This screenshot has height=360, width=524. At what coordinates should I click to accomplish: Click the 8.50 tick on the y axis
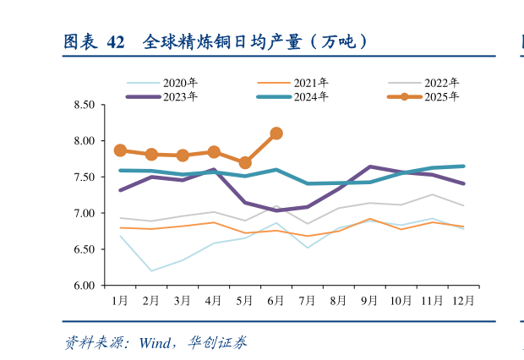pyautogui.click(x=85, y=105)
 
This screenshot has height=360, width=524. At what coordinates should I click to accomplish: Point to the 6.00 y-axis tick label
pyautogui.click(x=85, y=286)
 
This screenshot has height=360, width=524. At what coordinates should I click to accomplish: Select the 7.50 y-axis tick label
pyautogui.click(x=85, y=177)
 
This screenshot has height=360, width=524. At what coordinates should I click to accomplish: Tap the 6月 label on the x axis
pyautogui.click(x=276, y=300)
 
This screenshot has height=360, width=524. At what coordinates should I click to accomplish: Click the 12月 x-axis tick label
pyautogui.click(x=462, y=300)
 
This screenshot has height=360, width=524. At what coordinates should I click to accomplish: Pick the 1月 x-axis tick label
pyautogui.click(x=120, y=300)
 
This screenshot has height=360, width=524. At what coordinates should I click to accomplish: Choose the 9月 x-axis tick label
pyautogui.click(x=368, y=300)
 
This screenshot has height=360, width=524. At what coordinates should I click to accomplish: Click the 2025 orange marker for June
pyautogui.click(x=276, y=134)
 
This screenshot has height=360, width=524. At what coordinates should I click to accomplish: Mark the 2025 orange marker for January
pyautogui.click(x=120, y=150)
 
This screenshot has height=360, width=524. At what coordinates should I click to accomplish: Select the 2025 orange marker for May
pyautogui.click(x=245, y=163)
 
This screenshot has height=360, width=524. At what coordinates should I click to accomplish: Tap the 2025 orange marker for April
pyautogui.click(x=214, y=152)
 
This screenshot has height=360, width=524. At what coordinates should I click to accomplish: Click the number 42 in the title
pyautogui.click(x=117, y=41)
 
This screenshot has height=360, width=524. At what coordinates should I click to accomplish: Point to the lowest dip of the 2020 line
pyautogui.click(x=151, y=271)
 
